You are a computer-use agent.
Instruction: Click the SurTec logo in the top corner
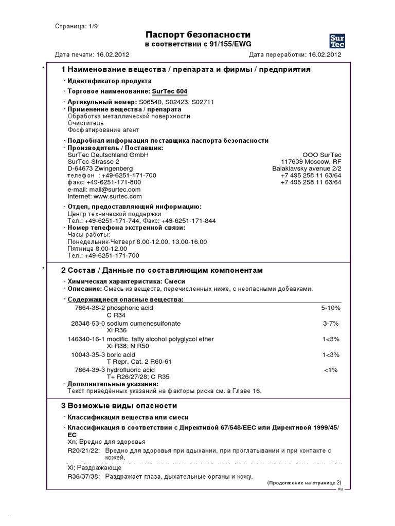tap(337, 40)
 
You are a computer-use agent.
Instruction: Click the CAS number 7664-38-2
tap(89, 308)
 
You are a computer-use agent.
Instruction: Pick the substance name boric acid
tap(121, 354)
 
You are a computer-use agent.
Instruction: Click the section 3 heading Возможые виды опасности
tap(119, 405)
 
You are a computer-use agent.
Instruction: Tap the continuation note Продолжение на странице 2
tap(304, 483)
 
